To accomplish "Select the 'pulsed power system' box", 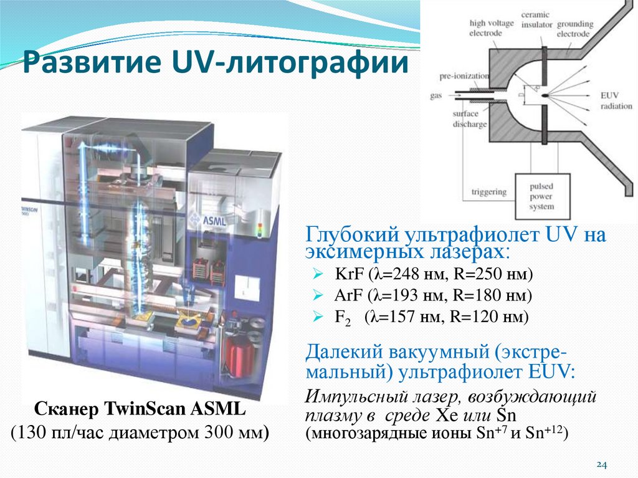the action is point(541,196).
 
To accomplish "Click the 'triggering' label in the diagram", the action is point(488,192).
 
